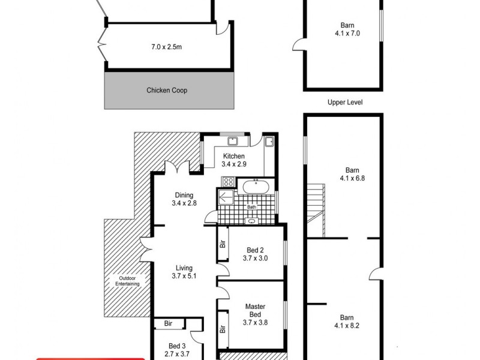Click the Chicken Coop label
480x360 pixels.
167,91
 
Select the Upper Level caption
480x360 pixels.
345,103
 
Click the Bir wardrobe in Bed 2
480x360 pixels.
222,244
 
